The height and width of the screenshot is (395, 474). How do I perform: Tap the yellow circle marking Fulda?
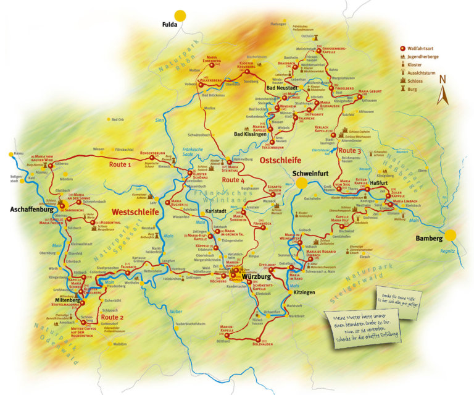pyautogui.click(x=180, y=15)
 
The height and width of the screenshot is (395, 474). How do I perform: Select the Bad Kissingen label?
pyautogui.click(x=251, y=134)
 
